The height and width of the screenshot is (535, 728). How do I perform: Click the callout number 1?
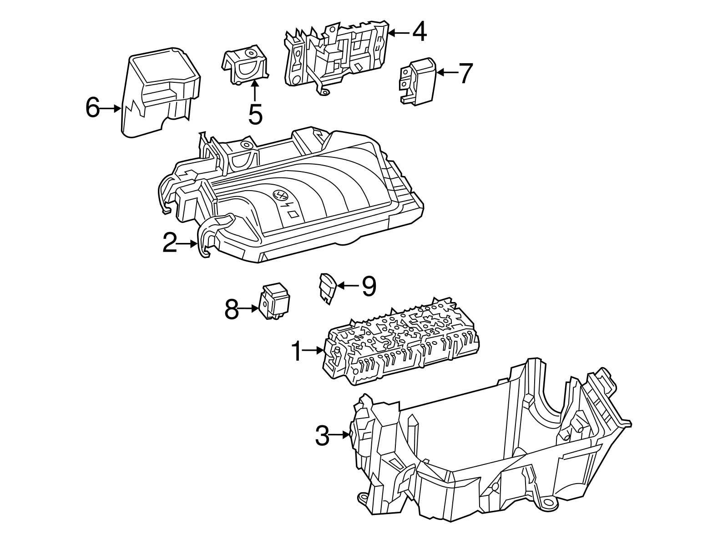[x=297, y=352]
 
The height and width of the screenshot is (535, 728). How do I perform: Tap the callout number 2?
[x=170, y=244]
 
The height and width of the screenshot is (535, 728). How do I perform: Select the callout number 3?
[x=322, y=436]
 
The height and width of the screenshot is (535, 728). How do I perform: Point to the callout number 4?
[x=419, y=32]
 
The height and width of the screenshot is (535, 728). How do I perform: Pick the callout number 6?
[x=92, y=108]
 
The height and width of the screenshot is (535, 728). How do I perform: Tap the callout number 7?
[x=465, y=73]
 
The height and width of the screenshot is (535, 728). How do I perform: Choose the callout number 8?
[x=232, y=310]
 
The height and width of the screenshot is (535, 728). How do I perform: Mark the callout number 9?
[x=369, y=286]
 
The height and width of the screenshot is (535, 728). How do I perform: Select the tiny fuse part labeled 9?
[x=328, y=288]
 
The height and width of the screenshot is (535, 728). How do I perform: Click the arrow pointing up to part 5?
[x=255, y=91]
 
